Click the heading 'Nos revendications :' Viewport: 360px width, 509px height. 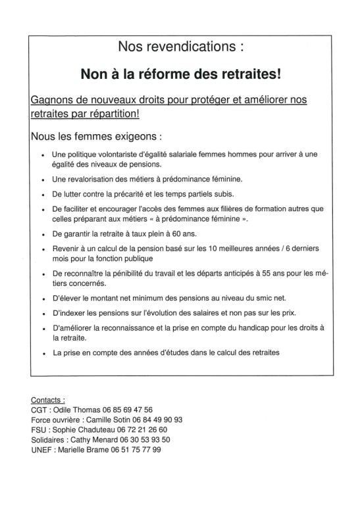pyautogui.click(x=180, y=47)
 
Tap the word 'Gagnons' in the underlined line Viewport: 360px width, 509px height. pyautogui.click(x=54, y=99)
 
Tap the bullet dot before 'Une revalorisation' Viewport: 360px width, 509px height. pyautogui.click(x=42, y=180)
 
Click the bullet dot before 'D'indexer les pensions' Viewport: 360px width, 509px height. pyautogui.click(x=42, y=313)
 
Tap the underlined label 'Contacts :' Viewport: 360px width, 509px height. pyautogui.click(x=48, y=399)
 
